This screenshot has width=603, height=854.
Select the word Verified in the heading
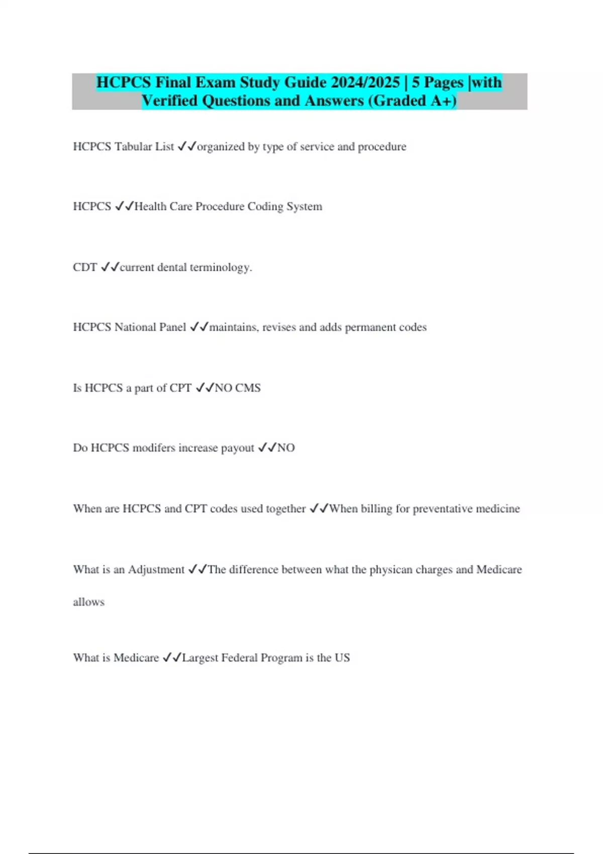click(169, 101)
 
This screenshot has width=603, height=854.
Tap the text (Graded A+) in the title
click(413, 101)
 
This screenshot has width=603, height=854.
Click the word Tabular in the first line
click(133, 147)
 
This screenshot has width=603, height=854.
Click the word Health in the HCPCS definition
click(150, 206)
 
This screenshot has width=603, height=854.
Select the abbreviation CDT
click(85, 267)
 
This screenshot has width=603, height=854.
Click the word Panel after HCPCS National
click(172, 327)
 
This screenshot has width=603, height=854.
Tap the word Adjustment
click(156, 570)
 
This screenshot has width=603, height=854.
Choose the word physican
click(391, 570)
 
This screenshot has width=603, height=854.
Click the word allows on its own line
click(88, 602)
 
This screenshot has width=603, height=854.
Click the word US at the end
click(342, 658)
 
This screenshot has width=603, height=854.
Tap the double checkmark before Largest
click(171, 658)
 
